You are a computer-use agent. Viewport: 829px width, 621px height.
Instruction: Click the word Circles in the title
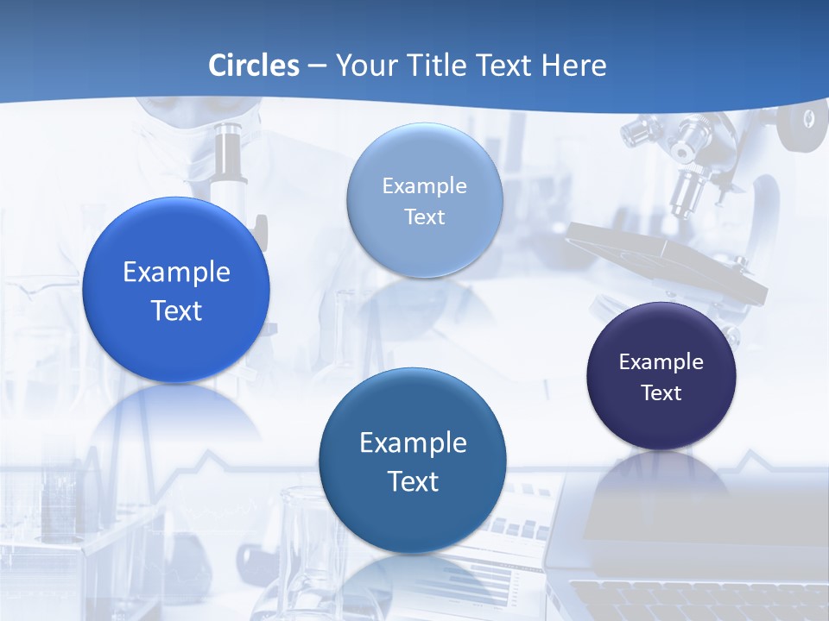254,66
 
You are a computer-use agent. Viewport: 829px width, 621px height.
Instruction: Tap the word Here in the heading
573,66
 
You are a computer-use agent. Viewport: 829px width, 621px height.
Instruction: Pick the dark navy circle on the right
661,423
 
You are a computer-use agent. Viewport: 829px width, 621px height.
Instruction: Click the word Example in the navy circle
661,362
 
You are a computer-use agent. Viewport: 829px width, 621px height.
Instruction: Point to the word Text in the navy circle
661,393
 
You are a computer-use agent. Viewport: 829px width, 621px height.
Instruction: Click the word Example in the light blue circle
424,186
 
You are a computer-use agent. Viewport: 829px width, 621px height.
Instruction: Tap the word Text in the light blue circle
424,217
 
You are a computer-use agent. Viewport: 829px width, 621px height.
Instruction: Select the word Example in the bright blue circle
176,273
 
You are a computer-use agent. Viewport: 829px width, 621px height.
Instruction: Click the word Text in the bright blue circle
176,310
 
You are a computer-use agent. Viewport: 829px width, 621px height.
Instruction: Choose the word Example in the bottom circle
413,443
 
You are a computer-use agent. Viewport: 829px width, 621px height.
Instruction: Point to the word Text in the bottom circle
413,481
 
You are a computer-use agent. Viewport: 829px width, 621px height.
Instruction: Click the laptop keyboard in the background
691,599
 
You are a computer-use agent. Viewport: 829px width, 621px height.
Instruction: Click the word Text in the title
504,66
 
